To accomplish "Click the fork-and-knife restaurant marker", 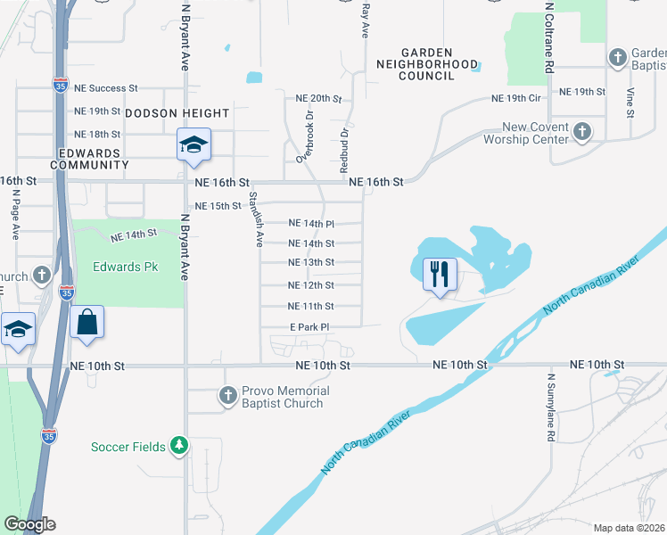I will pos(438,274).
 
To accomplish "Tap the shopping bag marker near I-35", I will pos(86,322).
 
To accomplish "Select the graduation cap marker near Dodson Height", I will pos(193,145).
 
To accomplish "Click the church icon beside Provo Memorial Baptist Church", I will pos(228,394).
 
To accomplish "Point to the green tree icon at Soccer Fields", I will pos(180,444).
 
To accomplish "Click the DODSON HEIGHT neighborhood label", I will pos(177,113).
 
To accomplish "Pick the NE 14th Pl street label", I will pos(312,224).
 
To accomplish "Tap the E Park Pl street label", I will pos(309,327).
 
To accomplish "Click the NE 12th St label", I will pos(311,285).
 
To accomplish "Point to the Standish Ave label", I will pos(255,218).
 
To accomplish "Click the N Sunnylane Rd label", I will pos(551,407).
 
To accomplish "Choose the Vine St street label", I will pos(630,101).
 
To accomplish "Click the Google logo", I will pos(29,524).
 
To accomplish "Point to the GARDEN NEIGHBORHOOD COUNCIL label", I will pos(427,64).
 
